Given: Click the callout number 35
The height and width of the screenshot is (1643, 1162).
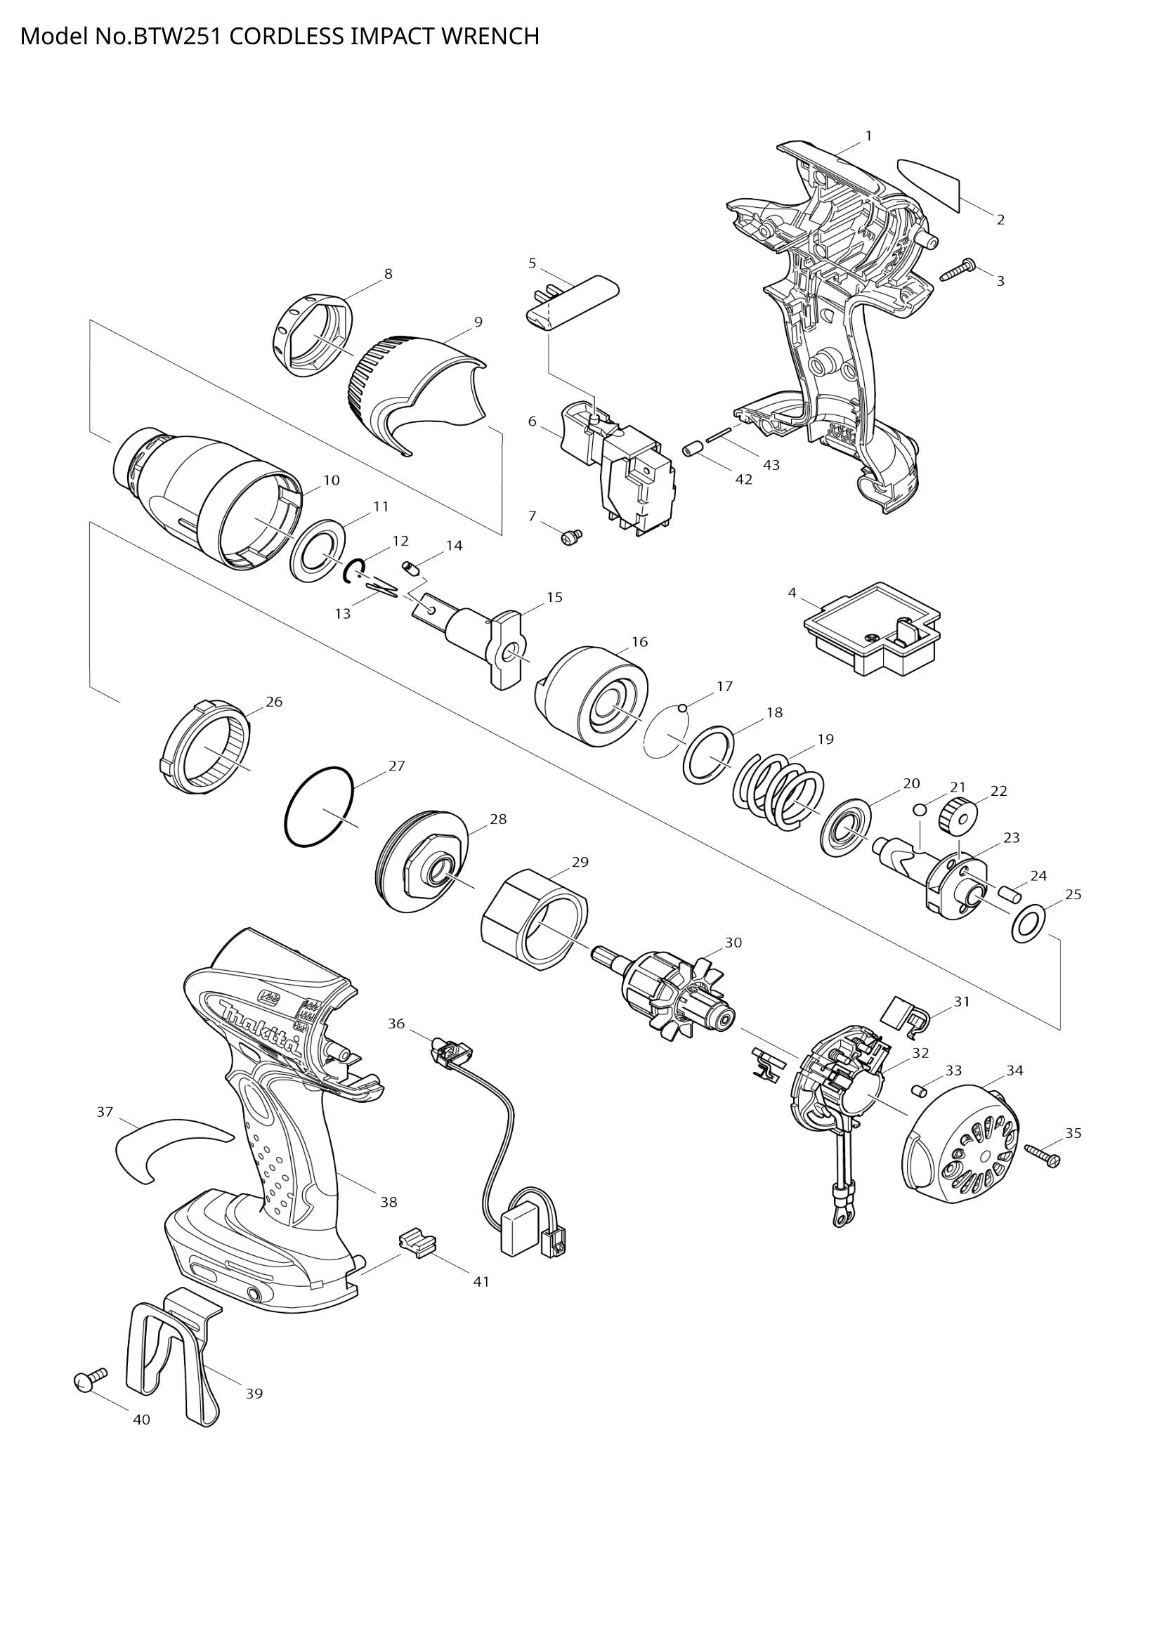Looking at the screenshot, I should tap(1073, 1133).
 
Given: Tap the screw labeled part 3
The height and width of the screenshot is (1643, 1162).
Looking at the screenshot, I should tap(958, 270).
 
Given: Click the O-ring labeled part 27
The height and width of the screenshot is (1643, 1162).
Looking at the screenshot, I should tap(320, 807).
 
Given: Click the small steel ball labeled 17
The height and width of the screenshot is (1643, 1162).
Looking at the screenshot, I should tap(683, 709).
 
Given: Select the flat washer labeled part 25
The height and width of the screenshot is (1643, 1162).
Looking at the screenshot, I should tap(1029, 924).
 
